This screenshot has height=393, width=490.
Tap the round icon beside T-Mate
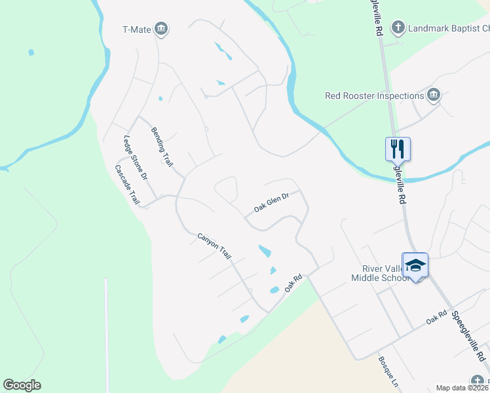(x=162, y=29)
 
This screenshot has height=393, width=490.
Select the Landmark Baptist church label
(x=449, y=28)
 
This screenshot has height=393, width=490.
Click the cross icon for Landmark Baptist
(x=397, y=28)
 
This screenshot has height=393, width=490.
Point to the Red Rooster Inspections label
(x=375, y=96)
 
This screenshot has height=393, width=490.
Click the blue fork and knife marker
(x=398, y=149)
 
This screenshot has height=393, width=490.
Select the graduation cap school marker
(x=415, y=265)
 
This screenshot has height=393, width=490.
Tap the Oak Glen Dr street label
(x=271, y=202)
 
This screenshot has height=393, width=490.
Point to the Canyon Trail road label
(x=215, y=245)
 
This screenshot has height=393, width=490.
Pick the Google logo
(x=22, y=385)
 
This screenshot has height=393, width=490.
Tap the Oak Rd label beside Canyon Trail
(x=292, y=283)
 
